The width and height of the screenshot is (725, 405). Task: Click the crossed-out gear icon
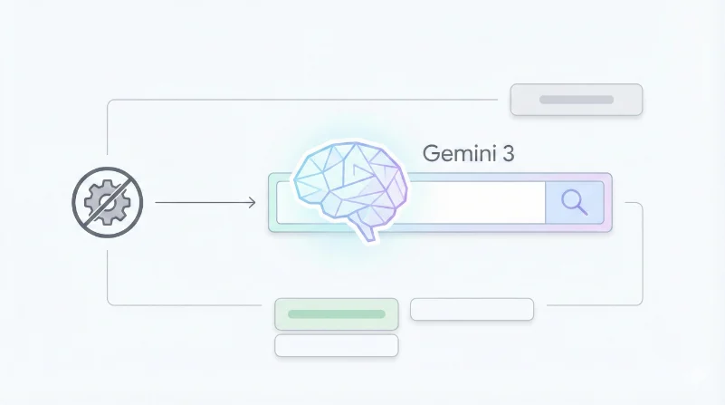pos(107,202)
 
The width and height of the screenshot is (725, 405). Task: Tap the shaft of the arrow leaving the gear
pos(199,202)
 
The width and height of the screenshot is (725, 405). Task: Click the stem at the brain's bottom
pos(366,231)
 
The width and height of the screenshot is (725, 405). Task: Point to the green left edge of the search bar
pos(272,202)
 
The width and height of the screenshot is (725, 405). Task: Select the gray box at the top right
pos(577,100)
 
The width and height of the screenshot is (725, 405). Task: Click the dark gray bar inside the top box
pos(577,100)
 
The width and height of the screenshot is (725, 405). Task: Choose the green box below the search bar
pos(337,313)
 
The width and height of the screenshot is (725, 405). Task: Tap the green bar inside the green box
pos(337,313)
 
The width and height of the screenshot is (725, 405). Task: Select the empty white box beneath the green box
pos(337,345)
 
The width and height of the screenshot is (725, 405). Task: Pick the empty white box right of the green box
pos(472,309)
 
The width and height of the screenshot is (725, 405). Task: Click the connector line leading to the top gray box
pos(308,100)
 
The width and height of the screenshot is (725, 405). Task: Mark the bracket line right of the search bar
pos(643,254)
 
